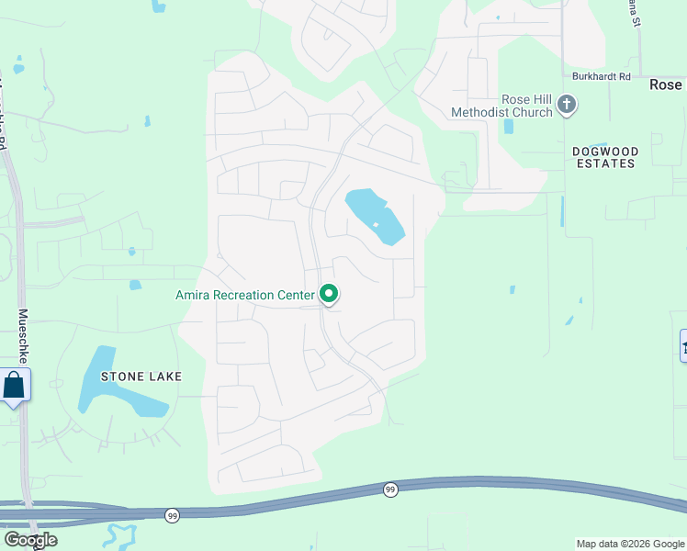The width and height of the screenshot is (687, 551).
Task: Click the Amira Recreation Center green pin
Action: click(329, 295)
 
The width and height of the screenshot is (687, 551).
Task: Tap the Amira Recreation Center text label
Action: click(244, 295)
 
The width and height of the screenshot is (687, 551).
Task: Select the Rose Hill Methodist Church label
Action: click(501, 106)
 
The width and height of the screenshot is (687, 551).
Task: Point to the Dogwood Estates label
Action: click(603, 157)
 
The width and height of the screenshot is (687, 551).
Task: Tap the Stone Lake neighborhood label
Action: click(141, 377)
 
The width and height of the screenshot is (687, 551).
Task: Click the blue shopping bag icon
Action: click(14, 385)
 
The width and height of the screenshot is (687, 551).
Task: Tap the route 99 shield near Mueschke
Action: click(173, 516)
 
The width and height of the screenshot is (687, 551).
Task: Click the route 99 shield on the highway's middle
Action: click(390, 490)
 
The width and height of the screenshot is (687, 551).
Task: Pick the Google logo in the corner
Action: click(30, 540)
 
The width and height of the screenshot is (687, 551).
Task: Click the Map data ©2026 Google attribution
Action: click(630, 544)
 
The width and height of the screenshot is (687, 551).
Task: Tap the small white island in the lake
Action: click(375, 225)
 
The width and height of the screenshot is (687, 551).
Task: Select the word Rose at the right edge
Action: click(665, 84)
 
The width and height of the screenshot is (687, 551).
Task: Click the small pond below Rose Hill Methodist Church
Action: click(509, 126)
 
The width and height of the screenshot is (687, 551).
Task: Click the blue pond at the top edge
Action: click(159, 6)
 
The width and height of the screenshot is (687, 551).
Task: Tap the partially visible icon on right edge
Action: click(682, 345)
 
